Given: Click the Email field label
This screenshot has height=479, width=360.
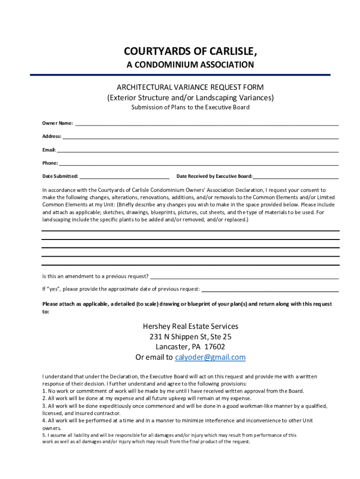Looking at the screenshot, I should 49,150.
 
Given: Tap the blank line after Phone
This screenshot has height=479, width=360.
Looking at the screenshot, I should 199,165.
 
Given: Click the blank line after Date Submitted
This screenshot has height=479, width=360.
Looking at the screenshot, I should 124,178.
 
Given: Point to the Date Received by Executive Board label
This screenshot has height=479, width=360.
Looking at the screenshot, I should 214,176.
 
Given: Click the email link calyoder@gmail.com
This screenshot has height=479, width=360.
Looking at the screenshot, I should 210,357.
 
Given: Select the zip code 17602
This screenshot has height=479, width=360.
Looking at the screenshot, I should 215,347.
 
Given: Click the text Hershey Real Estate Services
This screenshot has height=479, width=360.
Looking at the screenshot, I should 190,326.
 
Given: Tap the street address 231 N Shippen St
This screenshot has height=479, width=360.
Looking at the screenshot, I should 177,336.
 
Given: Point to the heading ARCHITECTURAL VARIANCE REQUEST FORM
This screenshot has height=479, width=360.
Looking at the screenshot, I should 190,87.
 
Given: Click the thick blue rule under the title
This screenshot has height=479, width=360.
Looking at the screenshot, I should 180,75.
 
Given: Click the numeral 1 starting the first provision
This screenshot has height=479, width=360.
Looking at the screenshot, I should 44,391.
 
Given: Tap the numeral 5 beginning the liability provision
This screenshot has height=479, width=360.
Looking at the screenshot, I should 44,435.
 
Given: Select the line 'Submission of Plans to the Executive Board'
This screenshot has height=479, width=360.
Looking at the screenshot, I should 190,107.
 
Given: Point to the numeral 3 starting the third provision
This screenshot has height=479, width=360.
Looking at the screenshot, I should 44,406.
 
